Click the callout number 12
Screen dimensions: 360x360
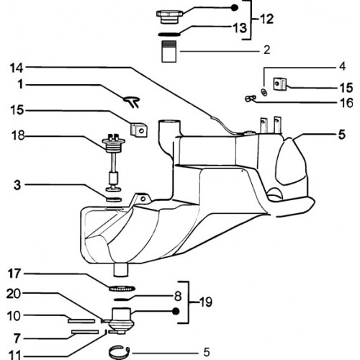[266, 19]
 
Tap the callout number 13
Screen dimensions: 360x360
[240, 27]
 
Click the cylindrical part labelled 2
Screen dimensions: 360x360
[169, 51]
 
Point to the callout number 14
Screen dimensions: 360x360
[17, 68]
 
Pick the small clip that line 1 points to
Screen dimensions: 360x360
[132, 102]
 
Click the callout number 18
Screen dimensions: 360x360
[18, 135]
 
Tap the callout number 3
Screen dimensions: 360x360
[17, 185]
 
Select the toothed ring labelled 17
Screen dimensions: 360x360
[122, 288]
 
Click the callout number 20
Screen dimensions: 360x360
[14, 294]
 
